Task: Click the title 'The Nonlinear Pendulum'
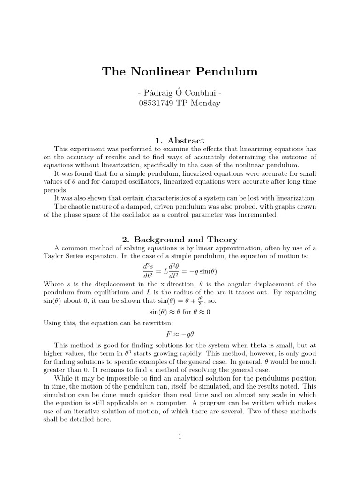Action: pos(180,72)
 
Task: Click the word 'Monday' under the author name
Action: pos(204,103)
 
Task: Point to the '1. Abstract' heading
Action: pos(180,140)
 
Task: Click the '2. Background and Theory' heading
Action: pos(180,239)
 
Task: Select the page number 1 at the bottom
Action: pos(180,436)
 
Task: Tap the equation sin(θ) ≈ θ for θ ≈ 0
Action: pos(180,312)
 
